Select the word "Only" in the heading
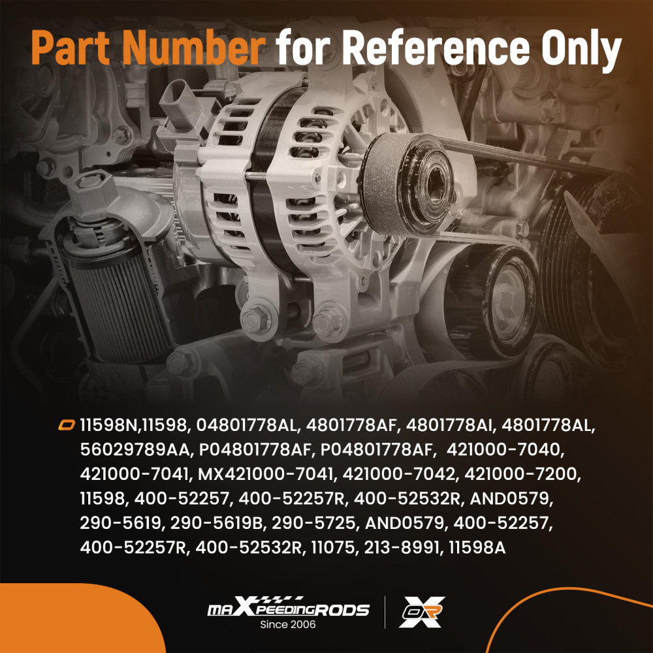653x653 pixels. pyautogui.click(x=581, y=51)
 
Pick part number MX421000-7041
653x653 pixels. pyautogui.click(x=265, y=474)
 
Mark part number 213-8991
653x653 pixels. pyautogui.click(x=402, y=547)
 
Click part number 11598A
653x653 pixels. pyautogui.click(x=477, y=547)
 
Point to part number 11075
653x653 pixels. pyautogui.click(x=333, y=547)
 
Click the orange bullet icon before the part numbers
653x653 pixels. pyautogui.click(x=66, y=425)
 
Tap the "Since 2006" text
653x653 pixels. pyautogui.click(x=288, y=624)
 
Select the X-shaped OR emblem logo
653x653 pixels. pyautogui.click(x=422, y=612)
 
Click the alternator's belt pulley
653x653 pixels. pyautogui.click(x=407, y=184)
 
